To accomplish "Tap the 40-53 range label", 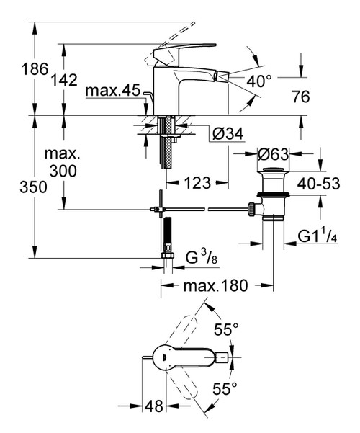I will pos(318,184).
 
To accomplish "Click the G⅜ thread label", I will pos(198,257).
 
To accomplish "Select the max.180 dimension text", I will pos(215,285).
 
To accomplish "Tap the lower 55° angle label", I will pos(225,389).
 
